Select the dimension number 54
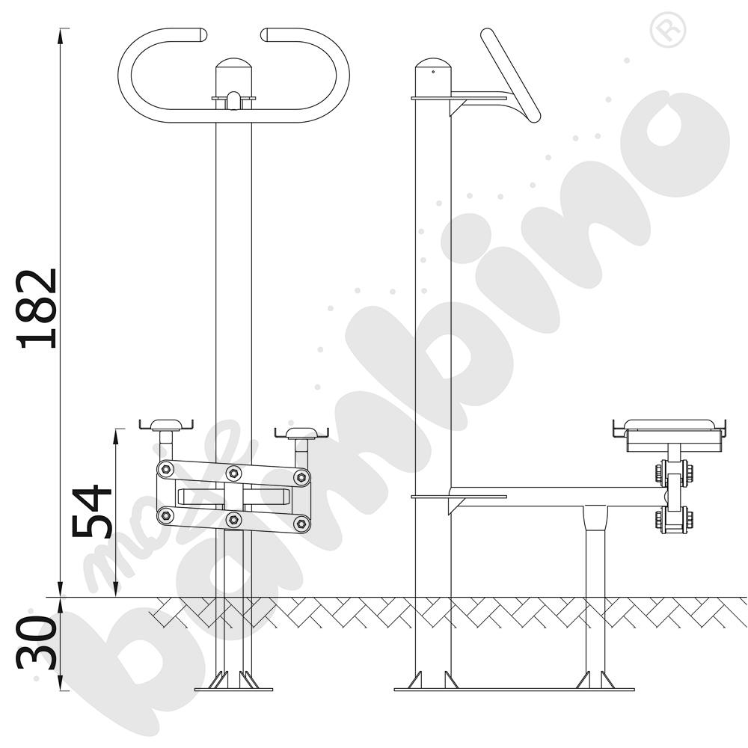coord(91,511)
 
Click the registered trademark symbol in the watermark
coord(668,28)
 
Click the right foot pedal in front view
coord(302,433)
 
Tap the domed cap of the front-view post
coord(233,64)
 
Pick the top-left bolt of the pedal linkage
coord(165,468)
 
